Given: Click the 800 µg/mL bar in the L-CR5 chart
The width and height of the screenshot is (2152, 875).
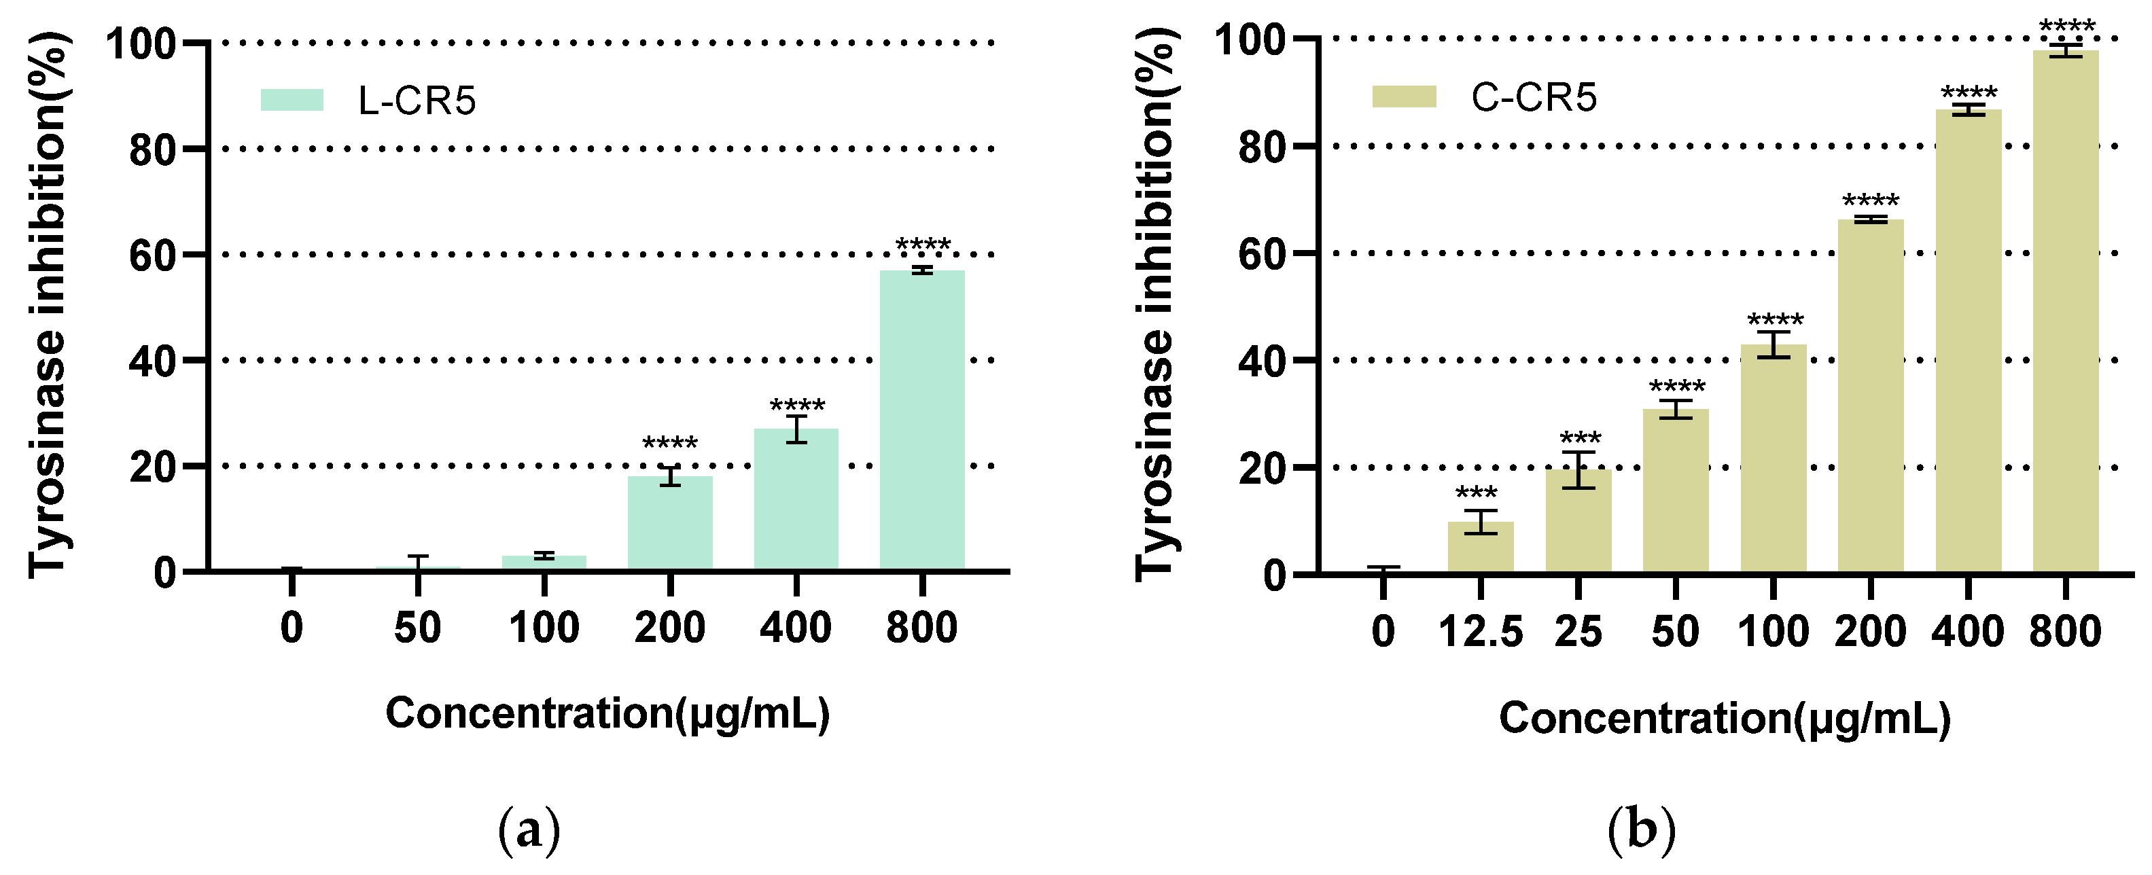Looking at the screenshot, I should point(921,422).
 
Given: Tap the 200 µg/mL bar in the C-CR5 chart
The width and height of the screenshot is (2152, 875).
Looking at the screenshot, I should point(1871,397).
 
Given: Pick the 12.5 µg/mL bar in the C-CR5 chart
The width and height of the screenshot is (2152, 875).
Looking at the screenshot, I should point(1481,548).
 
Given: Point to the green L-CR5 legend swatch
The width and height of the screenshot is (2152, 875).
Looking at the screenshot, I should point(292,100).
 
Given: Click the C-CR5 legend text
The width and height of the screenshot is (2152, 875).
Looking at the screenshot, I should point(1533,98).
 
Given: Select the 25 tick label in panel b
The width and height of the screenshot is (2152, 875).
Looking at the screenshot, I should point(1578,632).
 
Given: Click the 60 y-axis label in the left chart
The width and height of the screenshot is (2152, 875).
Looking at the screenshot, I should point(153,255).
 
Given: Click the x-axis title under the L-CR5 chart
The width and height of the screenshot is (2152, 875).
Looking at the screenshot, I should point(607,715).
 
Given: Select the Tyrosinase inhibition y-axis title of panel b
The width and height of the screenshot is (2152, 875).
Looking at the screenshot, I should point(1157,305).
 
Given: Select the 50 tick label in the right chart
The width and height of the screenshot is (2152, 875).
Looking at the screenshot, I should point(1675,632).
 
